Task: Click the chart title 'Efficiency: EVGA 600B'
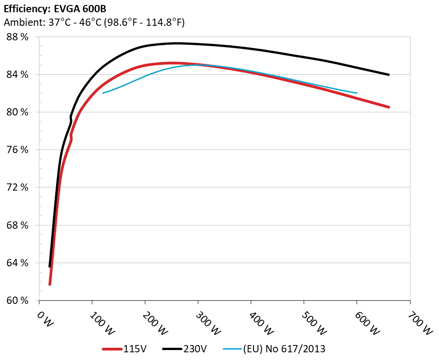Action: pyautogui.click(x=55, y=9)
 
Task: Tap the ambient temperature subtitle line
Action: pyautogui.click(x=94, y=22)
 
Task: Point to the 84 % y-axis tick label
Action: pyautogui.click(x=17, y=74)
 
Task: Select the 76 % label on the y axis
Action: pyautogui.click(x=17, y=150)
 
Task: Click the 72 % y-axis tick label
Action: pyautogui.click(x=17, y=187)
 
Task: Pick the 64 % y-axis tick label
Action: pyautogui.click(x=17, y=263)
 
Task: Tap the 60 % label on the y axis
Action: pyautogui.click(x=17, y=301)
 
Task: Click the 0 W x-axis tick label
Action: pyautogui.click(x=45, y=320)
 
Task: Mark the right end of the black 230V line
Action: pyautogui.click(x=388, y=75)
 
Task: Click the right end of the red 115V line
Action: pyautogui.click(x=388, y=107)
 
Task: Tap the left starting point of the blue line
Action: pyautogui.click(x=103, y=93)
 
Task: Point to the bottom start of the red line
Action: pyautogui.click(x=50, y=284)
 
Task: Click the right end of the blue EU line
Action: pyautogui.click(x=357, y=93)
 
